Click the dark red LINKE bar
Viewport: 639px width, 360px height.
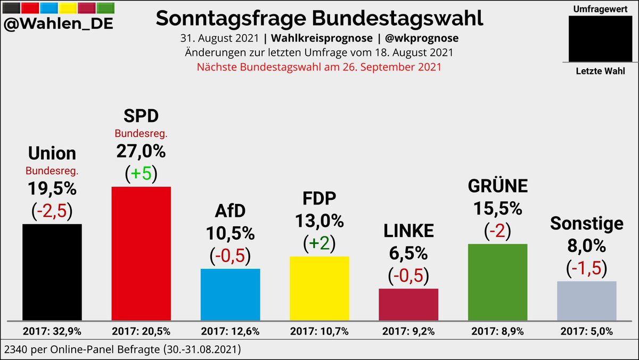click(408, 305)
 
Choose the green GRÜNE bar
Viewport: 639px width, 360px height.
click(497, 283)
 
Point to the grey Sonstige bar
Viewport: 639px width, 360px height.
click(586, 301)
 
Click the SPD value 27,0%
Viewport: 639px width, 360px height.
click(141, 151)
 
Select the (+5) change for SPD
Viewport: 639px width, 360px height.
click(141, 174)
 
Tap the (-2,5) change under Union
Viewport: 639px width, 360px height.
click(52, 211)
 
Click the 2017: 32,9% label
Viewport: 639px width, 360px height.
click(52, 331)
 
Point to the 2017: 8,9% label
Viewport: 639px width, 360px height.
click(497, 331)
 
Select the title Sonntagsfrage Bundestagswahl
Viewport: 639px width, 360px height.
click(319, 18)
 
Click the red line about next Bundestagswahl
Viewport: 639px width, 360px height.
click(319, 68)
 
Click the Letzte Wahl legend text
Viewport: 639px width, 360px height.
click(600, 71)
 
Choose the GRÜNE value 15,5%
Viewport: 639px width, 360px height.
click(497, 208)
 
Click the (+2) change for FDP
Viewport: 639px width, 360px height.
click(319, 244)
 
